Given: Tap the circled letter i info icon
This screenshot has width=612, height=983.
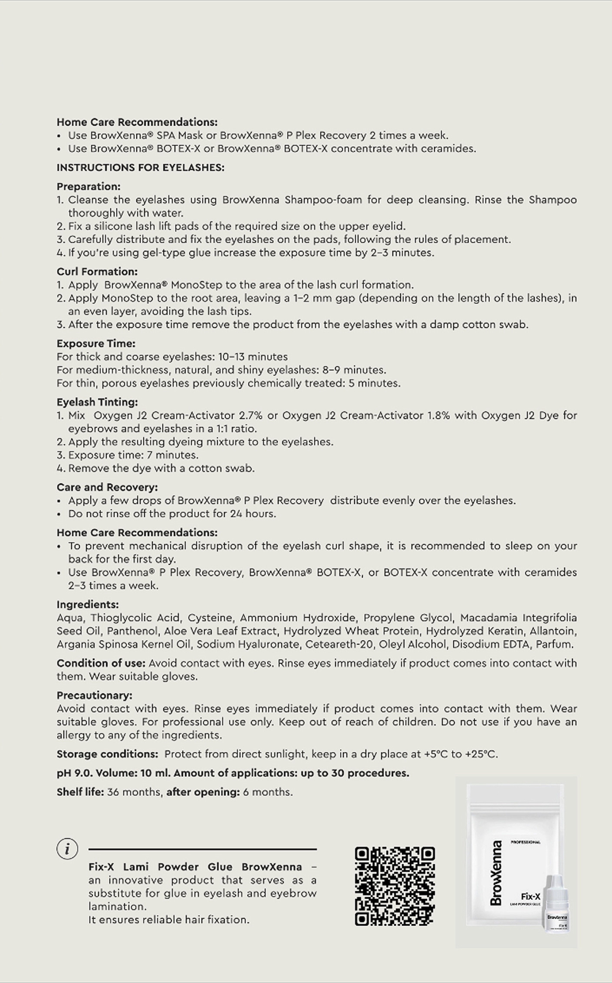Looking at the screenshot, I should (67, 849).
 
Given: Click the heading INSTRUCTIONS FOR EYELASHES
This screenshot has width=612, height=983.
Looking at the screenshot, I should (141, 167).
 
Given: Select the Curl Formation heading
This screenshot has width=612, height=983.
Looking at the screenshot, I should (97, 272).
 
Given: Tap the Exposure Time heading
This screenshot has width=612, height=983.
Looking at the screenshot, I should (96, 344).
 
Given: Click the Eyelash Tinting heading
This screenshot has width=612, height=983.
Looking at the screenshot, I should (97, 402).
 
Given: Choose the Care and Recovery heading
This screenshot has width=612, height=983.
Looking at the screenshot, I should (107, 487).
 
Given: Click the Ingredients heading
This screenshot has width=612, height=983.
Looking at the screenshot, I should (88, 604).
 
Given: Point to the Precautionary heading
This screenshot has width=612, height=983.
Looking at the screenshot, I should (95, 695).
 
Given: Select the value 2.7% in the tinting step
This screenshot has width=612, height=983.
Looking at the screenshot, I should (250, 415).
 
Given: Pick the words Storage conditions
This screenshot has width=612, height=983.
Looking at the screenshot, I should (107, 754).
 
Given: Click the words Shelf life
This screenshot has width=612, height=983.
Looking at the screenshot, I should (80, 792).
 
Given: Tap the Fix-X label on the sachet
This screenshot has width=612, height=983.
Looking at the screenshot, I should (530, 896).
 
